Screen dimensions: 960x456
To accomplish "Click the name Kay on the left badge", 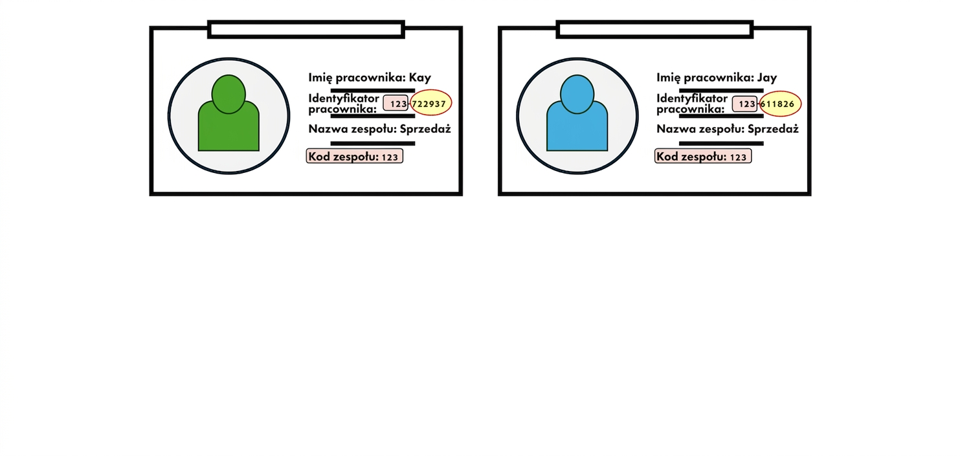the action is pos(419,78).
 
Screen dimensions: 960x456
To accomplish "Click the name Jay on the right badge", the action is pos(766,78).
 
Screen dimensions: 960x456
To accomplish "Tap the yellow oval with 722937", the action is pos(430,103).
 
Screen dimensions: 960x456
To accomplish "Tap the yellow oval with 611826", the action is pos(780,104).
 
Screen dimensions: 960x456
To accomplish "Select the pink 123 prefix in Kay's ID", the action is pos(396,104).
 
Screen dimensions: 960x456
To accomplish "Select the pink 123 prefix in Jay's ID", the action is pos(745,104).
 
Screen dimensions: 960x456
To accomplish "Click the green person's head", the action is pos(229,94).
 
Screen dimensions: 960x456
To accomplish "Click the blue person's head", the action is pos(577,94).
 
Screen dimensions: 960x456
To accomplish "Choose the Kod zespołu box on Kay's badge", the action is pos(355,156).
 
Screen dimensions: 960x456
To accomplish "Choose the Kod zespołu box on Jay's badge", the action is pos(703,156).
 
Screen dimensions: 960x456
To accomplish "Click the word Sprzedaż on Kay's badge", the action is pos(425,129).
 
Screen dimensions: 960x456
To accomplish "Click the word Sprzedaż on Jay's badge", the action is pos(773,129).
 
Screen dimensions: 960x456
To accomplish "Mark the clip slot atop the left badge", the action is pos(306,29).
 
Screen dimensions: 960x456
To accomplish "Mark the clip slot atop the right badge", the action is pos(654,29).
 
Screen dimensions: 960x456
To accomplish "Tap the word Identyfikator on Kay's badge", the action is pos(344,98).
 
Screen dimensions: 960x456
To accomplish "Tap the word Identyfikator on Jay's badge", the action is pos(692,98).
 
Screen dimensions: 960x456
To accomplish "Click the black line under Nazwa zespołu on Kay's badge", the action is pos(372,143).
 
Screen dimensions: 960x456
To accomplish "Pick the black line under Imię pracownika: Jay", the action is pos(721,91).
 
